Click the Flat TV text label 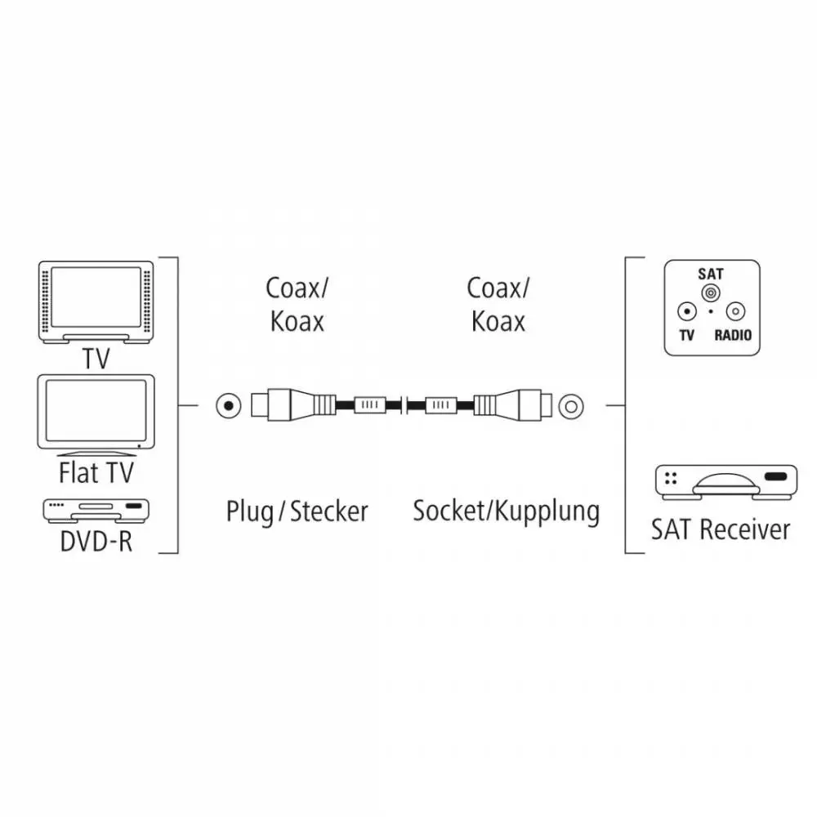(x=96, y=473)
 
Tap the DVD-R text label (x=96, y=542)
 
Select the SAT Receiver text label (x=721, y=529)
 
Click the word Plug (x=249, y=511)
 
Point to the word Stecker (x=328, y=511)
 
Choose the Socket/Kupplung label (x=506, y=511)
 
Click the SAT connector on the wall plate (x=711, y=292)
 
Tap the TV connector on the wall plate (x=687, y=311)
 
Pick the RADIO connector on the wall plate (x=735, y=311)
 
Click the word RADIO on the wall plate (x=733, y=335)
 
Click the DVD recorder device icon (x=96, y=511)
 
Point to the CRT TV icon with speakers (x=96, y=302)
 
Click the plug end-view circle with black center (x=229, y=406)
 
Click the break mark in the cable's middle (x=404, y=405)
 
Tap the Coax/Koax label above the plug (x=297, y=304)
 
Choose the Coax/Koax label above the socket (x=498, y=304)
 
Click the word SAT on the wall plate (x=711, y=274)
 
